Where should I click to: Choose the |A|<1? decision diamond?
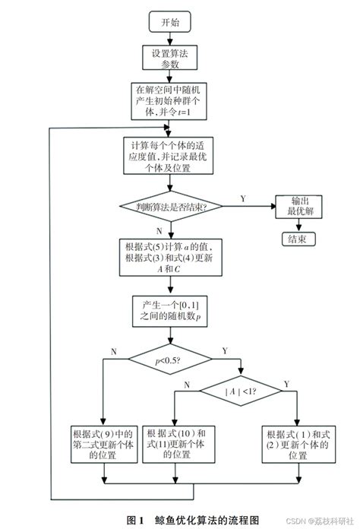(x=240, y=391)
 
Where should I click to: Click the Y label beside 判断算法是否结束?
(x=242, y=198)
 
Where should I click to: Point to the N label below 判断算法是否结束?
(x=157, y=228)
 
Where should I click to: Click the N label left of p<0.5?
(x=114, y=350)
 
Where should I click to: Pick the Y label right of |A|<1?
(x=286, y=384)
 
